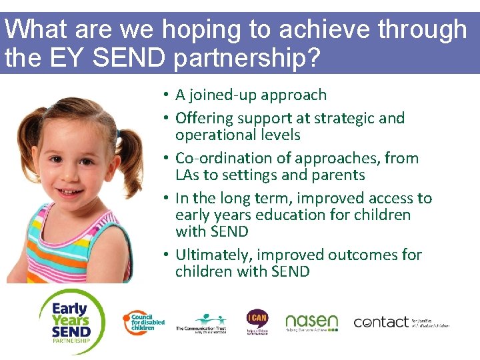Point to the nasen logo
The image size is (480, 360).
(x=311, y=323)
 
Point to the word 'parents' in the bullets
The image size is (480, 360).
(x=339, y=175)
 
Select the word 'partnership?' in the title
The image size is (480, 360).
(x=247, y=59)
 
